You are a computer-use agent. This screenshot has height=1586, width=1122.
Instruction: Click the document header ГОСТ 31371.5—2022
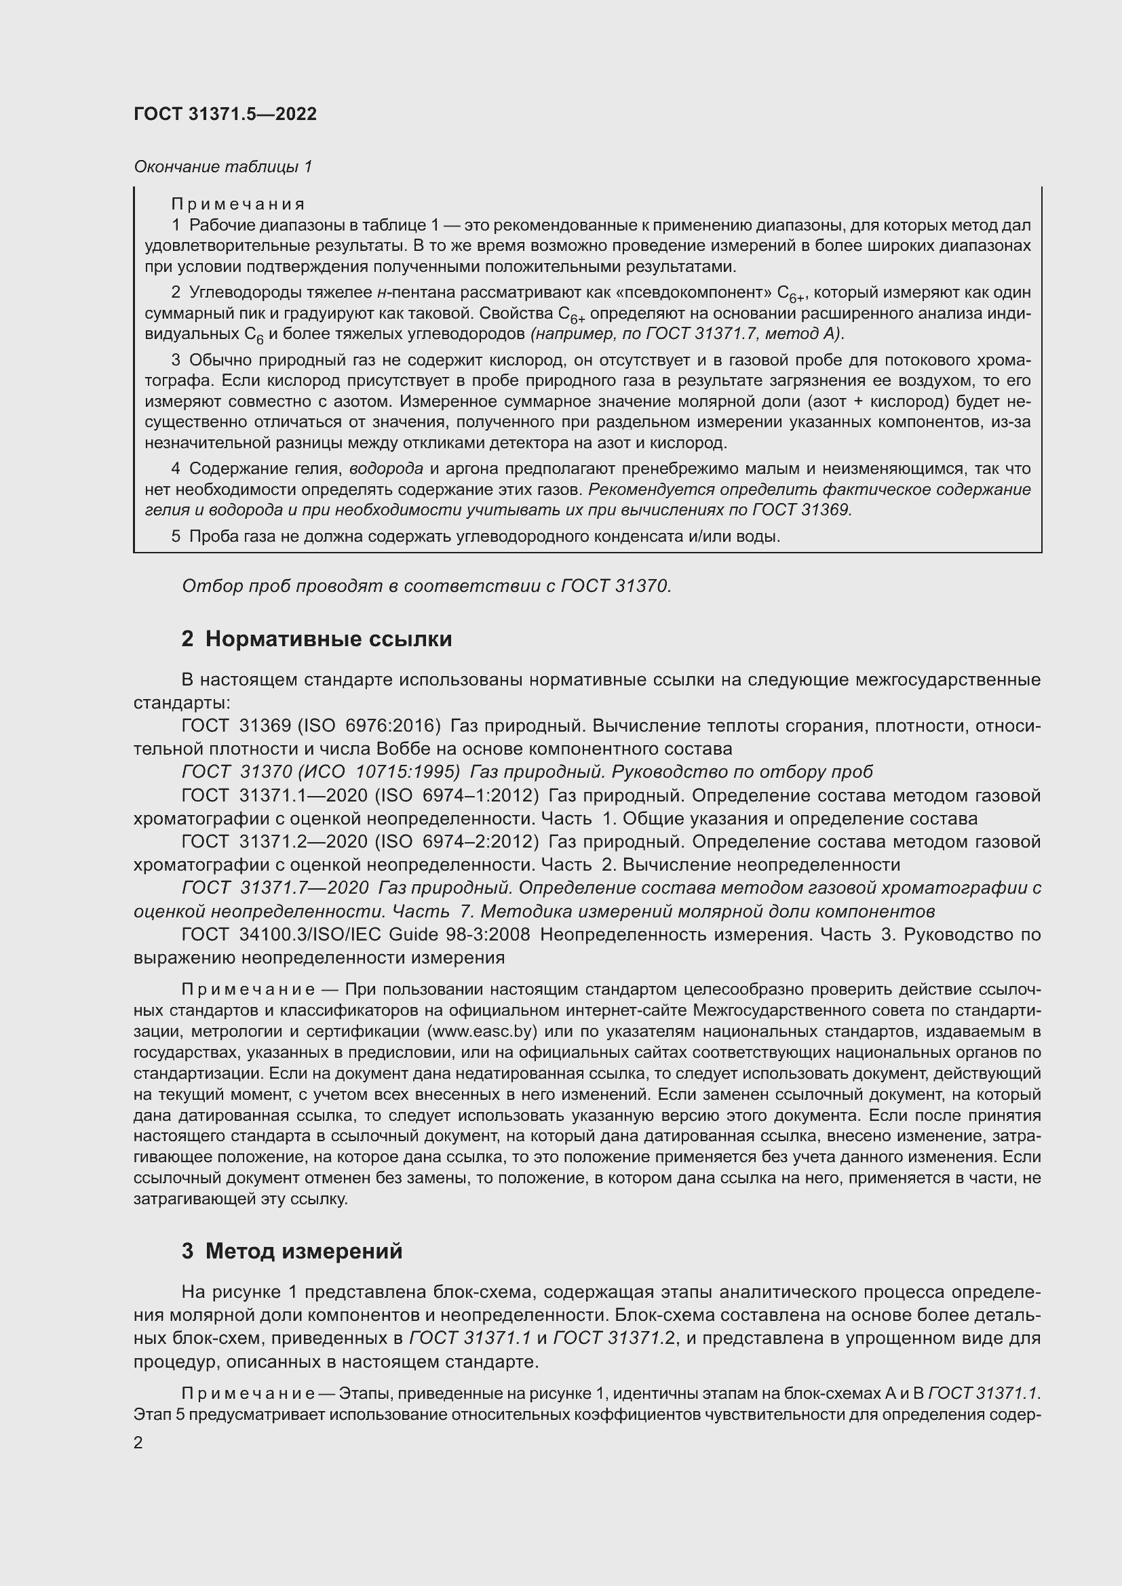[225, 114]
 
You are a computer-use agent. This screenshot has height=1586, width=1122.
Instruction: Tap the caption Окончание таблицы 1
[223, 167]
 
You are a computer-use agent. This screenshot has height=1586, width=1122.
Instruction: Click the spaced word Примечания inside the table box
[237, 204]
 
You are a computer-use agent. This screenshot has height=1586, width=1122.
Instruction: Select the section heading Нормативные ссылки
[328, 639]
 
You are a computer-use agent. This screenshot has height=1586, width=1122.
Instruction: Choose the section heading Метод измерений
[303, 1251]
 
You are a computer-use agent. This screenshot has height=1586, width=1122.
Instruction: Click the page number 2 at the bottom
[138, 1443]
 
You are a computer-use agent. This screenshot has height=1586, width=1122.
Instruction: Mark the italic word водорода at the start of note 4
[386, 469]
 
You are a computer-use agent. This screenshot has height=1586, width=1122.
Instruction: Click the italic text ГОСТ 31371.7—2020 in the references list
[274, 888]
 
